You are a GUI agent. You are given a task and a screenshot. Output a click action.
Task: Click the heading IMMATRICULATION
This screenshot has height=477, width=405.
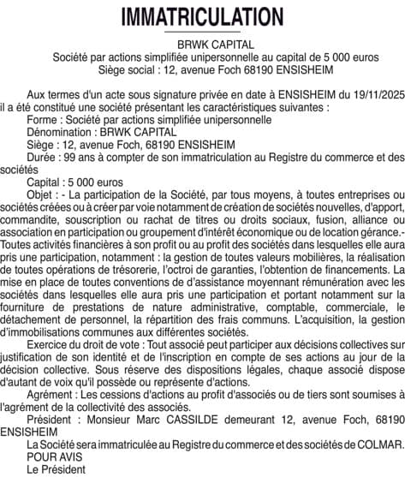coord(202,16)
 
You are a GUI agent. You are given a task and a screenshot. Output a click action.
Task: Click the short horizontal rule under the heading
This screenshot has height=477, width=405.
coord(202,33)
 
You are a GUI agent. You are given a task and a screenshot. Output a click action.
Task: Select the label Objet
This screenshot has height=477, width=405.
coord(42,195)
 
